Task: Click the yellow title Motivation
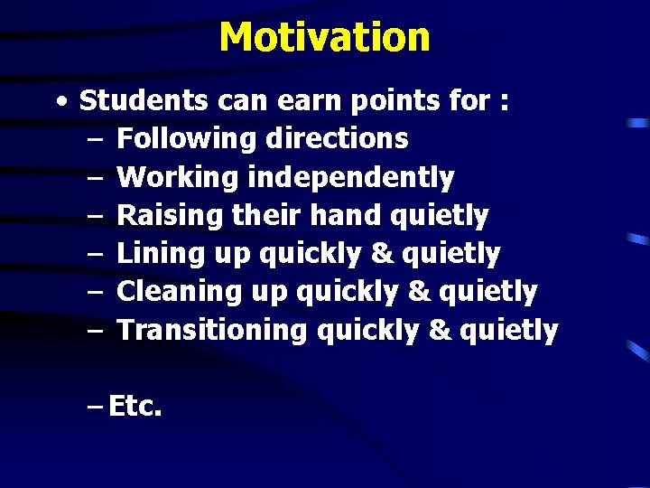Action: click(x=324, y=37)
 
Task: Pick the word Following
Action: click(x=187, y=139)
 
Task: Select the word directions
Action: click(x=337, y=139)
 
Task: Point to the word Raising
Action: click(x=172, y=216)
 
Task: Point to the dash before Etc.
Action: click(x=95, y=408)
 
